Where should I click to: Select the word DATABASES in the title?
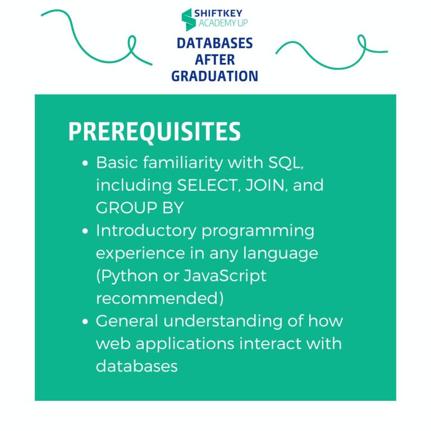click(x=215, y=43)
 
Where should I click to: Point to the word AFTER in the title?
click(x=215, y=59)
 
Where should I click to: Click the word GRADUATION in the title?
click(x=215, y=76)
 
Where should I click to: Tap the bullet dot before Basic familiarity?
click(x=85, y=163)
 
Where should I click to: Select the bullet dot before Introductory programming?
click(x=85, y=231)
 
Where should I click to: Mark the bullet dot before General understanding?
click(x=85, y=322)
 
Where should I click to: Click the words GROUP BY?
click(x=140, y=208)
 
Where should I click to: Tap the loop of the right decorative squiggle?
click(x=362, y=42)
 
